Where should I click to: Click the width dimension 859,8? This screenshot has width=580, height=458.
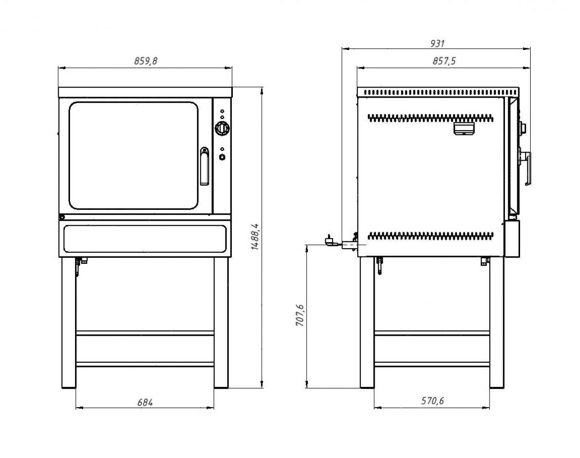[145, 61]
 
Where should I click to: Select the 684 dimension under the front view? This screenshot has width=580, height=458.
[145, 402]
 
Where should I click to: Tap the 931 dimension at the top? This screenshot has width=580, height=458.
[437, 44]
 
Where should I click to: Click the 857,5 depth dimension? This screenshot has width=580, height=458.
[444, 61]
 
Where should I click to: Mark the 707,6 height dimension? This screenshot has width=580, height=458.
[300, 315]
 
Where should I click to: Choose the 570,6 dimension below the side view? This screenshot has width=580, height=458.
[432, 401]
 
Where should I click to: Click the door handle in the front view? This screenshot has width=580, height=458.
[204, 166]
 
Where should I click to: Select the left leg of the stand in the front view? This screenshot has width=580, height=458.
[69, 323]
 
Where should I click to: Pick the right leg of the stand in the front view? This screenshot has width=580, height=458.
[221, 323]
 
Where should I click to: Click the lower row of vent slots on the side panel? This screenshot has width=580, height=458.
[431, 236]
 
